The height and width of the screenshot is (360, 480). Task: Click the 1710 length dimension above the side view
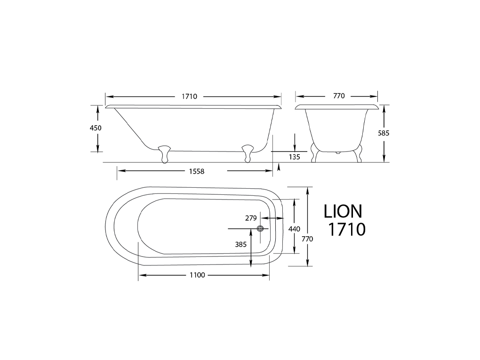190,96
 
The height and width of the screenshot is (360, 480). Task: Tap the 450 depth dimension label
96,128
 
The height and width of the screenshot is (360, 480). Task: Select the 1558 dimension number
197,171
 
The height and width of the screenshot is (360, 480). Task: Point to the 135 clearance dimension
295,157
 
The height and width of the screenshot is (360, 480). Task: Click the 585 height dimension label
384,133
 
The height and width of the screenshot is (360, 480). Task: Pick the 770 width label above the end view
339,96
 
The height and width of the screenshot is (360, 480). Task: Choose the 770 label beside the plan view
307,239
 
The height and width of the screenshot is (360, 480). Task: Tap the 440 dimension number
294,229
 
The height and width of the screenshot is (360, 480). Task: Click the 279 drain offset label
251,218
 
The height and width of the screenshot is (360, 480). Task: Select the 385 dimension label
241,245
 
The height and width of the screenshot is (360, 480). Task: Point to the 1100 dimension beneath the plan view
197,275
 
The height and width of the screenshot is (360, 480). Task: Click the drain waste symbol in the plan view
260,229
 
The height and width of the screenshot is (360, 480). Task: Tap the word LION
343,211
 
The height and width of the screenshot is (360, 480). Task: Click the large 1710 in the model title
347,229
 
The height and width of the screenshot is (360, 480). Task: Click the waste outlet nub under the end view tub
337,152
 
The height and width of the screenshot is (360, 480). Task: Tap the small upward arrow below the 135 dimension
278,168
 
